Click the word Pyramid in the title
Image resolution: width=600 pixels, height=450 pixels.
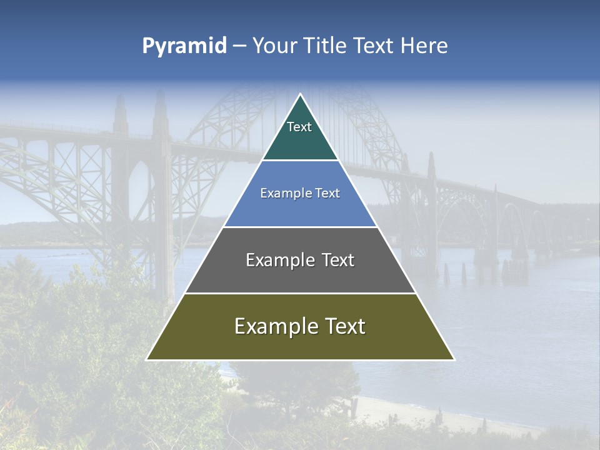pos(184,46)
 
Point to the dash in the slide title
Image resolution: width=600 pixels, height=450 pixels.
pos(239,46)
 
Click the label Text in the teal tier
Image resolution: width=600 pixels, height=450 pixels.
pos(299,127)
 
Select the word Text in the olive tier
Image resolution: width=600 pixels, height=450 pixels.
pos(343,326)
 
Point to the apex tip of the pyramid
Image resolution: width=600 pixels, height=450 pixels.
pos(300,95)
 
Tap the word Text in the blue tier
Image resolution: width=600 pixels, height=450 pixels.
pos(326,194)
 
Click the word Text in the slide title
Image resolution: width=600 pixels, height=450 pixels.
pos(373,46)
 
